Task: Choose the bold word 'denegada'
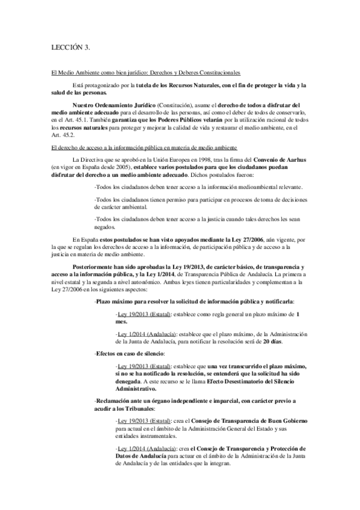coord(130,380)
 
